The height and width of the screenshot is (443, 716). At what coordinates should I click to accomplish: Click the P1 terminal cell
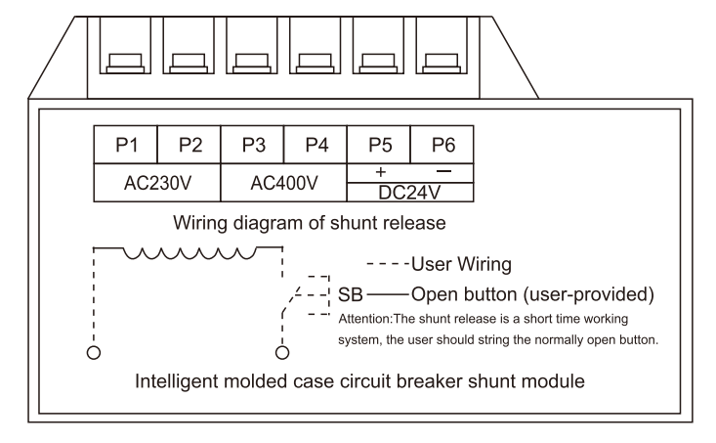point(126,145)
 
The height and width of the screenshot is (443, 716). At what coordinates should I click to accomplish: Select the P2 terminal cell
point(190,145)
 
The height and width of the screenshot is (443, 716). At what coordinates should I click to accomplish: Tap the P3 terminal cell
point(253,145)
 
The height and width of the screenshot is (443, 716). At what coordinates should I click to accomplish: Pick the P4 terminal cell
point(316,145)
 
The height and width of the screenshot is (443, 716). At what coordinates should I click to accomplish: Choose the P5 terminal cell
point(379,145)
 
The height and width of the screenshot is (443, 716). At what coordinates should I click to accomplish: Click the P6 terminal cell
point(442,145)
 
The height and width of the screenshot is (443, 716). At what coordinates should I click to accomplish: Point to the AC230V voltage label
point(157,183)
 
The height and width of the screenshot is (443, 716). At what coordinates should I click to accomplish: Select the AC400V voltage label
point(284,183)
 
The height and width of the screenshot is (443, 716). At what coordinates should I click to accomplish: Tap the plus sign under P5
point(379,171)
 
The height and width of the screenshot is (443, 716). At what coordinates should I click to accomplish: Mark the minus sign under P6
point(442,171)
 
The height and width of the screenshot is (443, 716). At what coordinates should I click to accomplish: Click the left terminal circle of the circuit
point(94,351)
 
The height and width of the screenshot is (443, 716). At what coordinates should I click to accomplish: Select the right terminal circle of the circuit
point(283,351)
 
